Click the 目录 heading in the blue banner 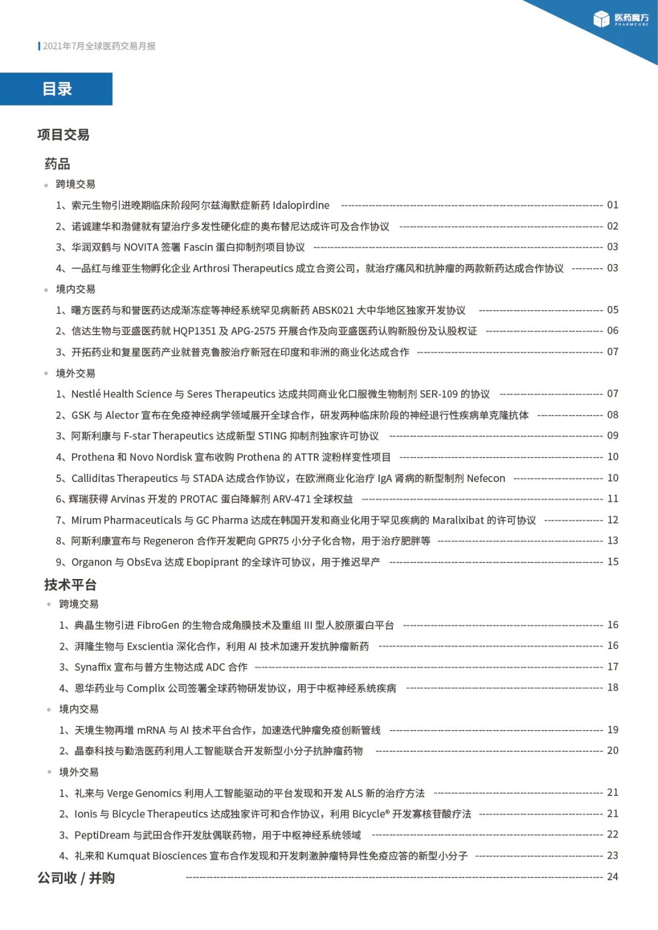(x=57, y=89)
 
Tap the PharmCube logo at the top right (x=621, y=20)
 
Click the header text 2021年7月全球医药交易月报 (x=99, y=46)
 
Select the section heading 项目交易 (x=63, y=135)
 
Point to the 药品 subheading (x=57, y=163)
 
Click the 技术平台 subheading (x=70, y=585)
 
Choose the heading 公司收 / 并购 (x=76, y=878)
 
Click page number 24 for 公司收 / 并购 (x=612, y=877)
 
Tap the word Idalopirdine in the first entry (x=301, y=205)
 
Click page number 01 (x=612, y=205)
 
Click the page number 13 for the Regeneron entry (x=612, y=541)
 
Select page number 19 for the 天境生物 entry (x=612, y=729)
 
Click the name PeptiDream (x=102, y=835)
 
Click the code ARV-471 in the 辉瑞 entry (x=292, y=499)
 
